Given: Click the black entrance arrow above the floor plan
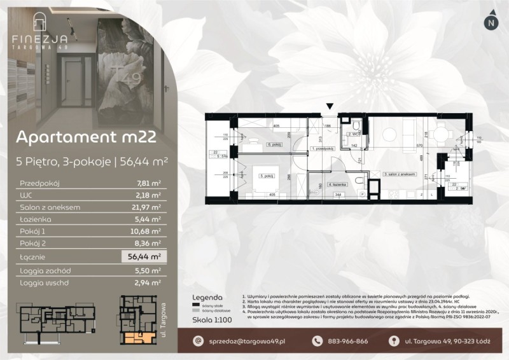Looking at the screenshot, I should pos(330,107).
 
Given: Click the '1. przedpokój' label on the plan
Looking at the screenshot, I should pos(323,149).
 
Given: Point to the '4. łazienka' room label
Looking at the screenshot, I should pos(336,184).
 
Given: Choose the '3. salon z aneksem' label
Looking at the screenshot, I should pos(399,173).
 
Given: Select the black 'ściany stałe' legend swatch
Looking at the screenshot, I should pos(197,305).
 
